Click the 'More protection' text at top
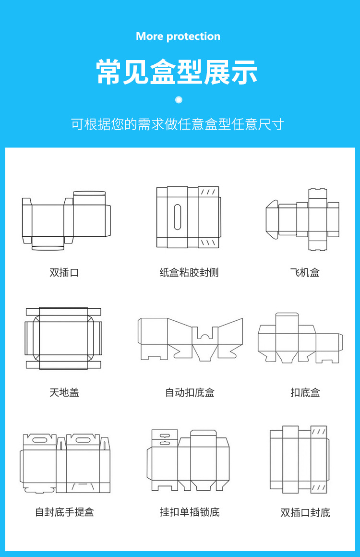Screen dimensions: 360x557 point(178,36)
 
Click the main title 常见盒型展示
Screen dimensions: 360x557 point(178,72)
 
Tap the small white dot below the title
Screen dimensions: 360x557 point(179,100)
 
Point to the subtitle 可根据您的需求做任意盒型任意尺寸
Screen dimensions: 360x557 point(178,124)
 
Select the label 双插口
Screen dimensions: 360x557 point(64,273)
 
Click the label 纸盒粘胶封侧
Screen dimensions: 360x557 point(189,273)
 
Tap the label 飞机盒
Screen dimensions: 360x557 point(305,273)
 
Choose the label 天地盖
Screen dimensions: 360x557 point(64,392)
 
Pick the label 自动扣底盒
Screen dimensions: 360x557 point(190,392)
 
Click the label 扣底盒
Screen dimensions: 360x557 point(305,392)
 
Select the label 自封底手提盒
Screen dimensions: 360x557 point(64,512)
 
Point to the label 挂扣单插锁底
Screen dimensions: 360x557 point(190,512)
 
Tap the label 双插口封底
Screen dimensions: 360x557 point(305,512)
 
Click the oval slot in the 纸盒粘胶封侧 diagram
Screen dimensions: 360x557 point(178,217)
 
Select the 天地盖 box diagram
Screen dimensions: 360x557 point(64,339)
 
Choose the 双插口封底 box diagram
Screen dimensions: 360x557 point(299,460)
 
